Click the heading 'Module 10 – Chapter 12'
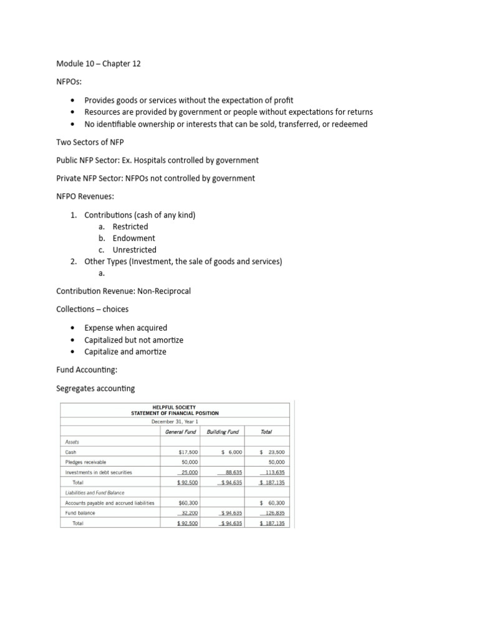click(x=98, y=64)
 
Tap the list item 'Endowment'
click(x=133, y=238)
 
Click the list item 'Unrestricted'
click(x=134, y=250)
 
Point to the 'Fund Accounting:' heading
click(x=85, y=369)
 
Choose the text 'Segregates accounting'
click(x=95, y=388)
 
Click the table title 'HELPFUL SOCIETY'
click(x=174, y=406)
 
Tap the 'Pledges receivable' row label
click(x=85, y=462)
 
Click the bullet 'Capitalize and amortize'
click(x=125, y=351)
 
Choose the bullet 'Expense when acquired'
click(x=125, y=328)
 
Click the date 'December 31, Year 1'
click(x=175, y=421)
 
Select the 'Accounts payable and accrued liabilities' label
click(x=110, y=503)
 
